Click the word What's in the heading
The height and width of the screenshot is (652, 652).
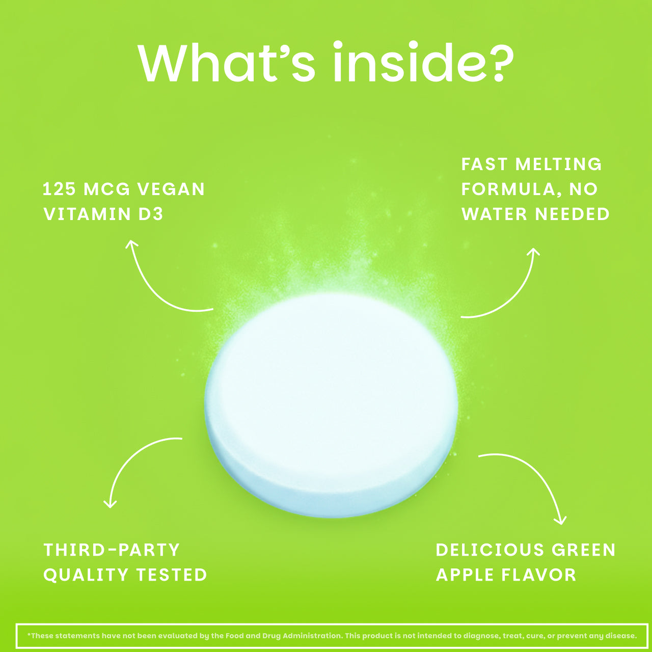point(226,63)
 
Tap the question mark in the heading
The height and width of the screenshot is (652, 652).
point(498,63)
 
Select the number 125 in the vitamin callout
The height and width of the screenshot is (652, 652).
point(60,189)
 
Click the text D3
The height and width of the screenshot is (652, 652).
point(151,214)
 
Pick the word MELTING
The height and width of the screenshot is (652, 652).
point(559,165)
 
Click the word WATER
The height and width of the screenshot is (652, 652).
point(494,214)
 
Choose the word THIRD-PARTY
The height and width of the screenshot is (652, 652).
point(112,550)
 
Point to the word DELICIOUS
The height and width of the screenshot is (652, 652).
point(490,550)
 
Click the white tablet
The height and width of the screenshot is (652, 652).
point(331,405)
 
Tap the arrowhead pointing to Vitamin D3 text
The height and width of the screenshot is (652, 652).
point(131,244)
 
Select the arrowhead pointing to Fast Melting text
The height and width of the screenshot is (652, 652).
point(534,252)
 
